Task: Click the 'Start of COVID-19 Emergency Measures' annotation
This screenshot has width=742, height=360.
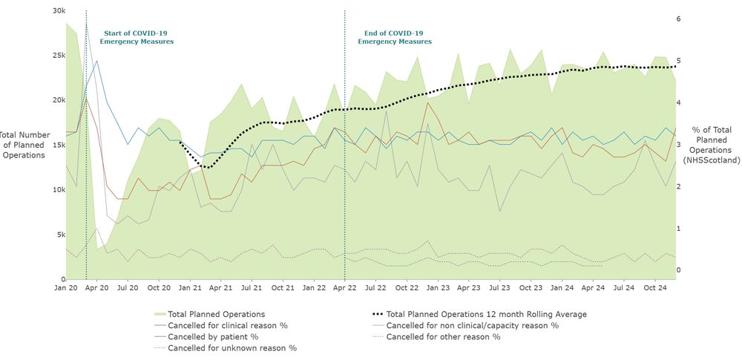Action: coord(137,37)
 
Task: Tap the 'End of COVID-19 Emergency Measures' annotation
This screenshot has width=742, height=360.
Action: coord(395,37)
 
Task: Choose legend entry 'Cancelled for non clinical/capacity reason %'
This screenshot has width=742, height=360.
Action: coord(473,325)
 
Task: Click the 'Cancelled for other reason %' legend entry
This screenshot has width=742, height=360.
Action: coord(444,336)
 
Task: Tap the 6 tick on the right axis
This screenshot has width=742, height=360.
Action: coord(677,19)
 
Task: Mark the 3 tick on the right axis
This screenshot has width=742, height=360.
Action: coord(677,145)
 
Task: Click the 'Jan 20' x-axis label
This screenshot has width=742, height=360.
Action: coord(66,287)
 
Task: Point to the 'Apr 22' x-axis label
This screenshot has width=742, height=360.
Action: coord(345,287)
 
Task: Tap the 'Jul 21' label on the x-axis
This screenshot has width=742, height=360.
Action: coord(252,287)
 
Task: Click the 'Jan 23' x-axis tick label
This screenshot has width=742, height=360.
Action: coord(438,287)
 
